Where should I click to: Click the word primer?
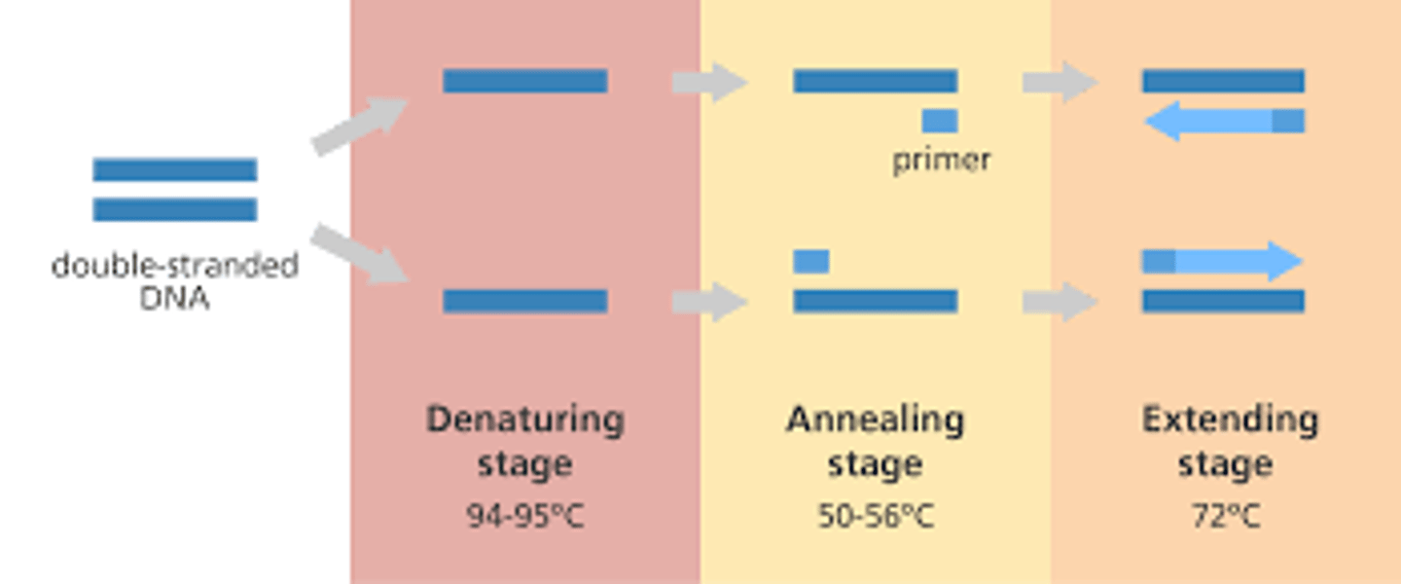point(941,160)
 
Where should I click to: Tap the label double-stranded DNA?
point(175,280)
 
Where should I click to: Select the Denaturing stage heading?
point(525,441)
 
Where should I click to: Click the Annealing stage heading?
point(875,441)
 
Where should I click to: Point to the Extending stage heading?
point(1230,441)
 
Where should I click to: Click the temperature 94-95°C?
point(525,516)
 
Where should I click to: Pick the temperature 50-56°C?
point(876,516)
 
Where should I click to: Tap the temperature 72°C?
point(1226,516)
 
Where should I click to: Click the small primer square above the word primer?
point(940,121)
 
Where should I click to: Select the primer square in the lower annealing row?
point(811,261)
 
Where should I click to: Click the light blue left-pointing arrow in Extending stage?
point(1206,122)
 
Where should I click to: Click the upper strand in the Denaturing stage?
point(525,81)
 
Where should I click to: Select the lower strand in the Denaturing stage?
point(525,301)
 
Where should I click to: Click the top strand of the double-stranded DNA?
point(175,170)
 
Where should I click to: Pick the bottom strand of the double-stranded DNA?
point(175,209)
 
